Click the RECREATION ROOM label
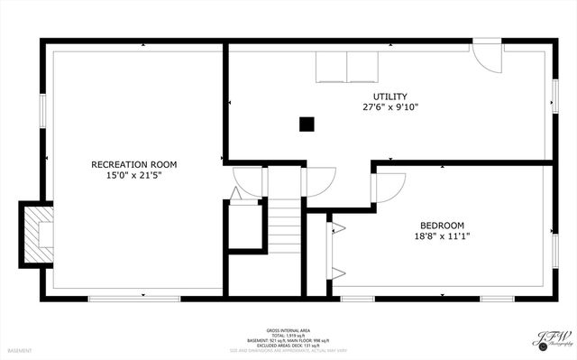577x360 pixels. coord(133,164)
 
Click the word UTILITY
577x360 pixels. coord(389,97)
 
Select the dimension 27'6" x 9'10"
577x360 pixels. coord(389,107)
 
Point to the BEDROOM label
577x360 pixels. coord(442,226)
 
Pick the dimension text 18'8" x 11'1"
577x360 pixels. coord(442,236)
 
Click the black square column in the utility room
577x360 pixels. coord(307,125)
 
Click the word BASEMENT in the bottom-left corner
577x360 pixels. coord(19,350)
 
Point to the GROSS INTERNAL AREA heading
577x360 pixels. coord(288,330)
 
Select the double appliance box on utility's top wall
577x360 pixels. coord(346,67)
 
